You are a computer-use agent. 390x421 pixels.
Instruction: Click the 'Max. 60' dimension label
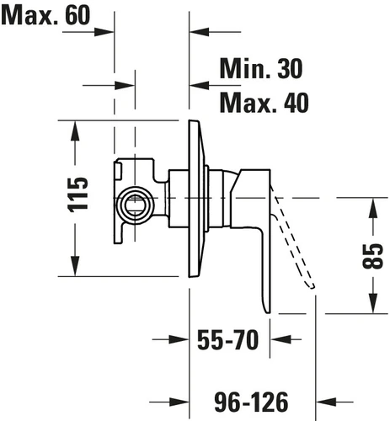(45, 15)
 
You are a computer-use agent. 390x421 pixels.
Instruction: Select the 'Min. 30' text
(261, 68)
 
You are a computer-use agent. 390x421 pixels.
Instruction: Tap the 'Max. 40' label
(264, 103)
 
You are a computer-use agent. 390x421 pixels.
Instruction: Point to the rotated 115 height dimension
(77, 195)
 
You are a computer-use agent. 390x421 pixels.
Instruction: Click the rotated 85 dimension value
(372, 256)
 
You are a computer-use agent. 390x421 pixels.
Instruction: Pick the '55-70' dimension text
(227, 340)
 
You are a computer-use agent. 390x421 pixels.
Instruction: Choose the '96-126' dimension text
(251, 402)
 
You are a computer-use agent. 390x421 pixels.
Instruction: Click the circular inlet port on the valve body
(136, 205)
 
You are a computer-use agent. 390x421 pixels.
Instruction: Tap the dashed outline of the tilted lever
(293, 242)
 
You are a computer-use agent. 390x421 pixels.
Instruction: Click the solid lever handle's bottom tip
(268, 312)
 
